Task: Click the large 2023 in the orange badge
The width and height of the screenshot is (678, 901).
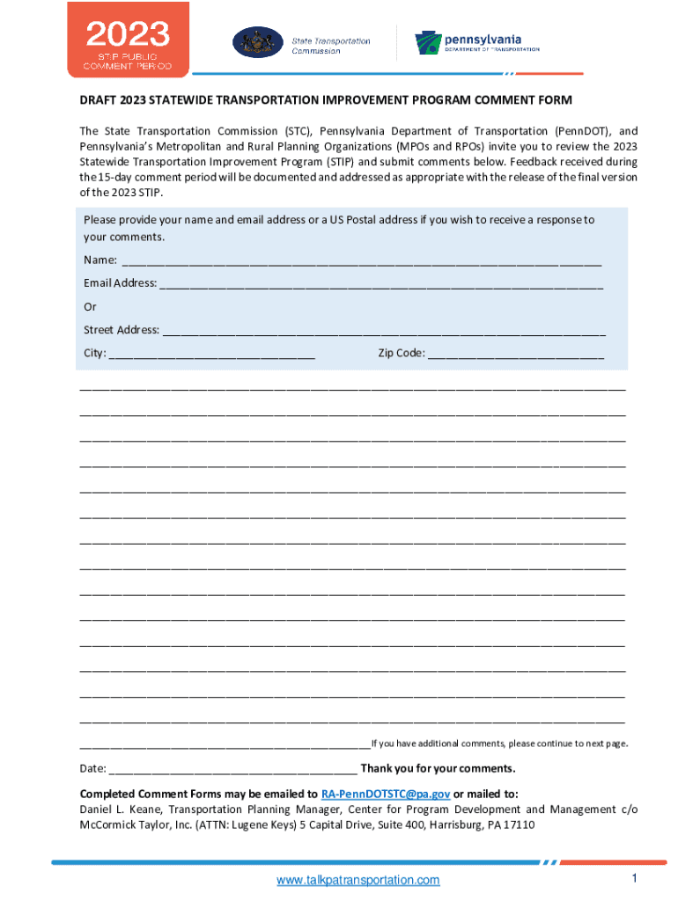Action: (127, 34)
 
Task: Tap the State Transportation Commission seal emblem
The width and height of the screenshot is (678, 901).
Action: (258, 42)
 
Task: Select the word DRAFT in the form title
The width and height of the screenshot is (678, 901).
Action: (99, 100)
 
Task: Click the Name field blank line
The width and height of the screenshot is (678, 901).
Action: (361, 260)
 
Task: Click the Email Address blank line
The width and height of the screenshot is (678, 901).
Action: (381, 283)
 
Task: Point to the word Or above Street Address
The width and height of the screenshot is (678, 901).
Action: (90, 307)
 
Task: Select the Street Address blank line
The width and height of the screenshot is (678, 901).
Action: (384, 331)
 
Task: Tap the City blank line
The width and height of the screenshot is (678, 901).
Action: (211, 354)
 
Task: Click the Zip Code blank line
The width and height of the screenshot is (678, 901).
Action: (516, 354)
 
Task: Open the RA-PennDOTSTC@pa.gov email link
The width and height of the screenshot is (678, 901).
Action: (386, 793)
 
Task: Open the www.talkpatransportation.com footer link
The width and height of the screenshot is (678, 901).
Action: (357, 881)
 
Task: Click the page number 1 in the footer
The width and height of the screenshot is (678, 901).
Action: (633, 879)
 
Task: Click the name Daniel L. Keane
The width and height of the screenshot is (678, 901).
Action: (120, 809)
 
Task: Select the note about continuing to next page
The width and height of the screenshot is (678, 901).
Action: (499, 744)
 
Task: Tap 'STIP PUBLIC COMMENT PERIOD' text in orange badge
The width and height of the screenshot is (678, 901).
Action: (127, 61)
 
